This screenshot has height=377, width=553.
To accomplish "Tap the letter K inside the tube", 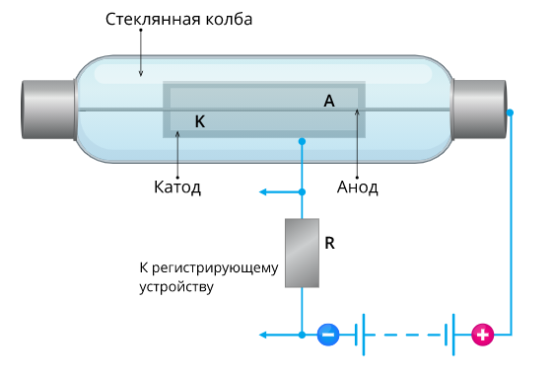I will pyautogui.click(x=200, y=121).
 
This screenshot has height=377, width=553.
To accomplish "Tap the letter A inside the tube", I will pyautogui.click(x=329, y=100).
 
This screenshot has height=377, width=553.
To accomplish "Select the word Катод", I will pyautogui.click(x=177, y=186).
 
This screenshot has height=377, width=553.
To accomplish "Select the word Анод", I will pyautogui.click(x=357, y=186).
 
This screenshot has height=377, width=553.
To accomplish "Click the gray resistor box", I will pyautogui.click(x=302, y=253).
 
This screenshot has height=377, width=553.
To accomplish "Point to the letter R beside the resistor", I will pyautogui.click(x=330, y=242).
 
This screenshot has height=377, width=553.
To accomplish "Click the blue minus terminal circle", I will pyautogui.click(x=328, y=335).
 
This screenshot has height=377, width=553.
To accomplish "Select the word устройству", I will pyautogui.click(x=176, y=287).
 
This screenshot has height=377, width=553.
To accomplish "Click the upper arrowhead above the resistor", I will pyautogui.click(x=262, y=190).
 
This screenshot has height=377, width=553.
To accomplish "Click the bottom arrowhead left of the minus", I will pyautogui.click(x=263, y=336).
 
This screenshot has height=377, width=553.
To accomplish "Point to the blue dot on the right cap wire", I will pyautogui.click(x=510, y=113).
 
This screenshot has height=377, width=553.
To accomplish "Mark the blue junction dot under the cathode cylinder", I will pyautogui.click(x=302, y=143).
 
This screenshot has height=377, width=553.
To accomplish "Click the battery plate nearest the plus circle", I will pyautogui.click(x=452, y=336).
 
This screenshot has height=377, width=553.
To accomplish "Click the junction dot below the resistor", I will pyautogui.click(x=302, y=336).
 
